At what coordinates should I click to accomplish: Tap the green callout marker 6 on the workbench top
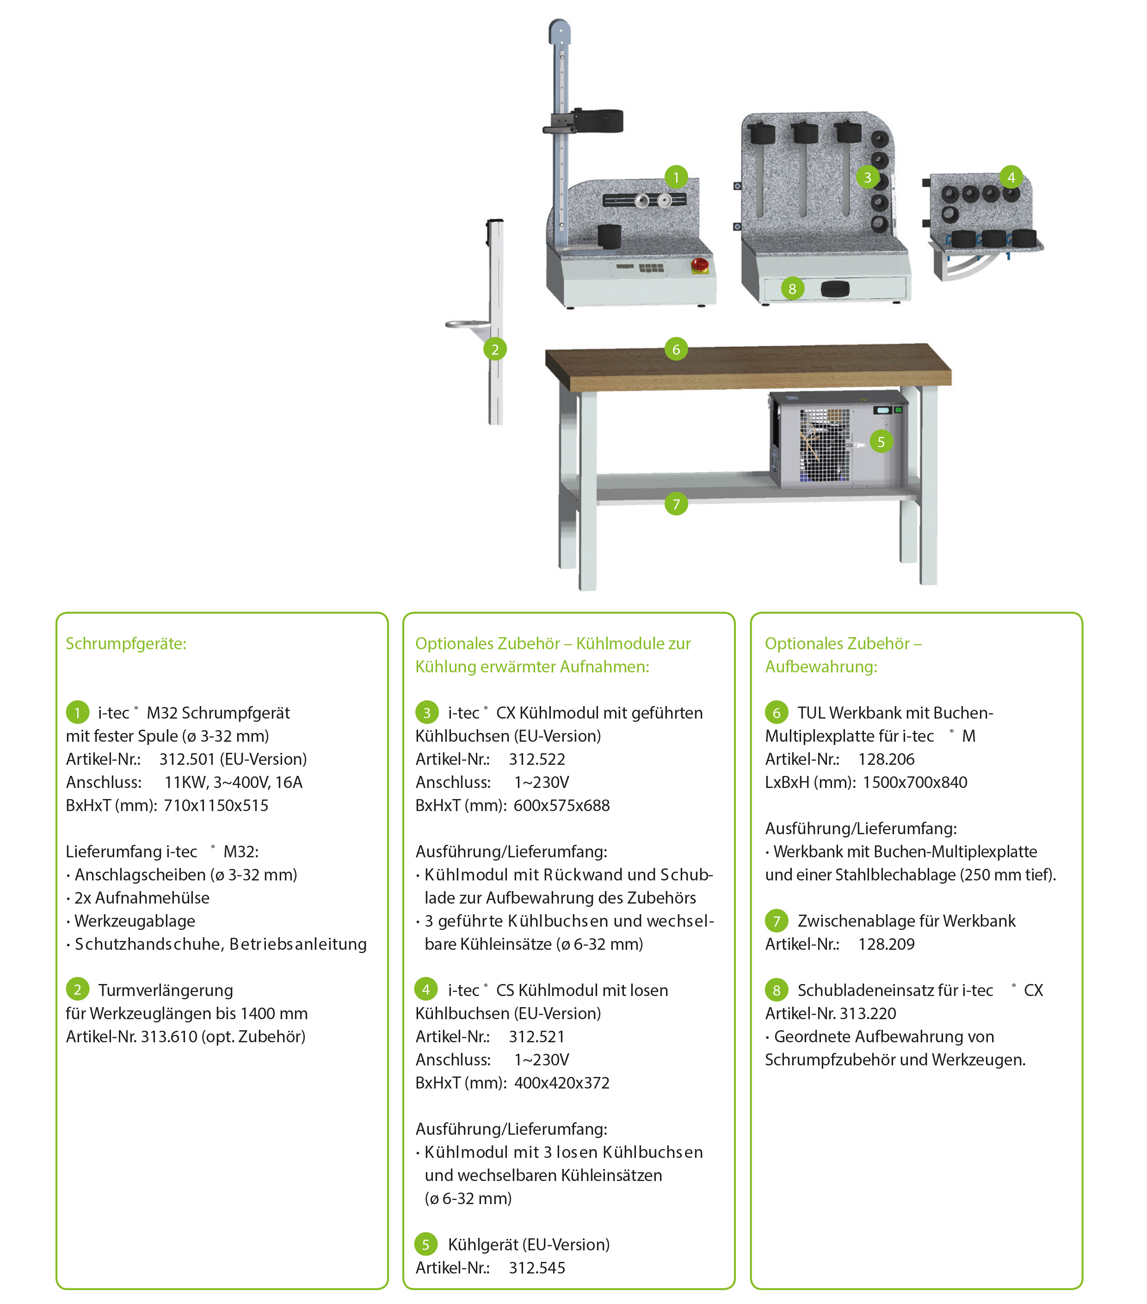tap(676, 349)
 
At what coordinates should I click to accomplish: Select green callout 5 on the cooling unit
tap(881, 442)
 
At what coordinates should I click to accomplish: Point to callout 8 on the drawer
tap(792, 289)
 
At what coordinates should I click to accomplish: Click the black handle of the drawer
tap(836, 289)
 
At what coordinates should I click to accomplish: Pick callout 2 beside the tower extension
tap(495, 349)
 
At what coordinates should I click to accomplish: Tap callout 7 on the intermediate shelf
tap(676, 504)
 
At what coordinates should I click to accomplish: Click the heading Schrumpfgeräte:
tap(126, 644)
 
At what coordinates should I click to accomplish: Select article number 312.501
tap(187, 759)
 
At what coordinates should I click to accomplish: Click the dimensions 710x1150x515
tap(216, 805)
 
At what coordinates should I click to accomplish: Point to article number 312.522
tap(537, 759)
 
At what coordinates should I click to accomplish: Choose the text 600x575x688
tap(561, 805)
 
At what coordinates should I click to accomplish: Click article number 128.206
tap(886, 759)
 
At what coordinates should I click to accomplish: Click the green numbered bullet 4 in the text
tap(426, 990)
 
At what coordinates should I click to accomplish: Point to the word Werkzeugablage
tap(135, 921)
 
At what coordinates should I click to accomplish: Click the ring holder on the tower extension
tap(468, 325)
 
